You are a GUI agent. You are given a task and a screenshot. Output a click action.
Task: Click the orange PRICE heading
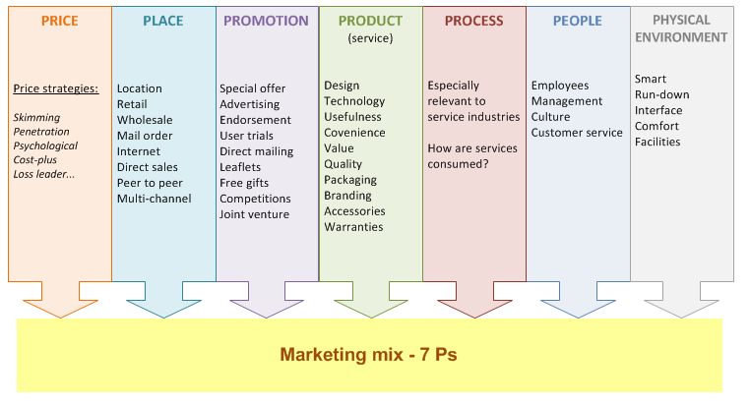pyautogui.click(x=59, y=21)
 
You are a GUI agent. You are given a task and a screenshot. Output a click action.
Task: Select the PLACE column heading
pyautogui.click(x=163, y=21)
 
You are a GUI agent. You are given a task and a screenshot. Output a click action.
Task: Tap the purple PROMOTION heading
pyautogui.click(x=266, y=21)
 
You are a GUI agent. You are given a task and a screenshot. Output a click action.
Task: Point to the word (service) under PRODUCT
pyautogui.click(x=370, y=38)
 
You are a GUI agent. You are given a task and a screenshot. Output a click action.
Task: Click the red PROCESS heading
pyautogui.click(x=474, y=21)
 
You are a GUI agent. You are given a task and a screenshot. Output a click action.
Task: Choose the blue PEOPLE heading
pyautogui.click(x=578, y=21)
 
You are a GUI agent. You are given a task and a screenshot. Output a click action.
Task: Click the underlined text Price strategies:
pyautogui.click(x=56, y=88)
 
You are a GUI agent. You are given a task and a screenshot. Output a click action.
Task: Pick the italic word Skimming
pyautogui.click(x=36, y=118)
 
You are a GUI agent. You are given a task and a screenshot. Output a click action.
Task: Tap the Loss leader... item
pyautogui.click(x=43, y=174)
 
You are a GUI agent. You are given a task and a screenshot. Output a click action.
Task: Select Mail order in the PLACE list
pyautogui.click(x=145, y=136)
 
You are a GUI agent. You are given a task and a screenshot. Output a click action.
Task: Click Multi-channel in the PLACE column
pyautogui.click(x=154, y=199)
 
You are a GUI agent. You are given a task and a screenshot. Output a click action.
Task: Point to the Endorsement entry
pyautogui.click(x=255, y=120)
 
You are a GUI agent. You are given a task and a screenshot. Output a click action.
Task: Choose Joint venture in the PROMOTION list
pyautogui.click(x=255, y=214)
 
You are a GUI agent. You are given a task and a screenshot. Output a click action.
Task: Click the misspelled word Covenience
pyautogui.click(x=354, y=133)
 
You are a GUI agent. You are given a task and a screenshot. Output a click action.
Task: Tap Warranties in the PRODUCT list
pyautogui.click(x=353, y=227)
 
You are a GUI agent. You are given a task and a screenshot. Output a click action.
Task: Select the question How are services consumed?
pyautogui.click(x=472, y=156)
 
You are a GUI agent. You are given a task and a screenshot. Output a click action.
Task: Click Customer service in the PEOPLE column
pyautogui.click(x=577, y=133)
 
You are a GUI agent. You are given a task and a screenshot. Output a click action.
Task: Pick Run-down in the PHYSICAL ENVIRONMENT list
pyautogui.click(x=662, y=94)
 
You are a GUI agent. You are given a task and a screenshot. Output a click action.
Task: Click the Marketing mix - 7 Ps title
pyautogui.click(x=368, y=355)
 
